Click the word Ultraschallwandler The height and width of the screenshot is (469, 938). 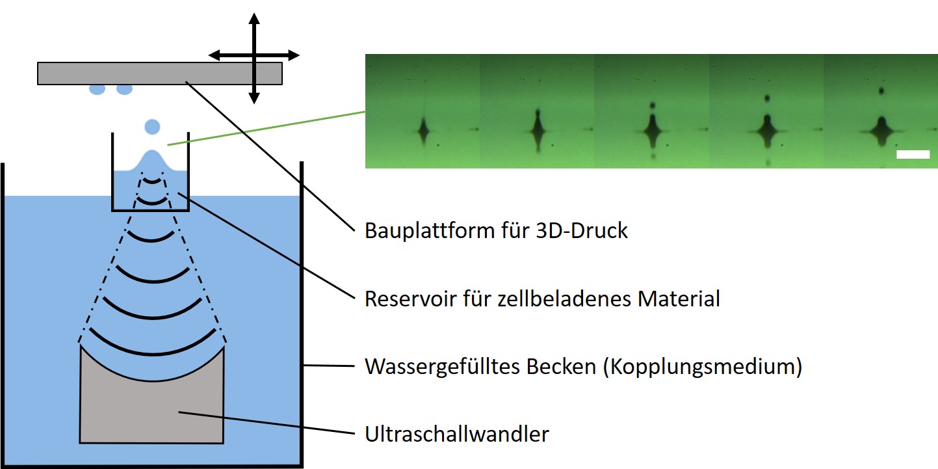pyautogui.click(x=456, y=433)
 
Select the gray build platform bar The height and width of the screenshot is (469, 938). pyautogui.click(x=159, y=73)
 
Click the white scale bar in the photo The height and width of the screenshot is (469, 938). pyautogui.click(x=913, y=154)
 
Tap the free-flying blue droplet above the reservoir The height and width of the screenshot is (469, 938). pyautogui.click(x=152, y=126)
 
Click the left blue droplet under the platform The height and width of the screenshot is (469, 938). pyautogui.click(x=96, y=89)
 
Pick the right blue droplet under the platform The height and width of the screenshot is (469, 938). pyautogui.click(x=124, y=89)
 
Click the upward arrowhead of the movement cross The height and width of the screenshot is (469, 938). pyautogui.click(x=254, y=18)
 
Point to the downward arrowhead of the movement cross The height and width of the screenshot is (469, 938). pyautogui.click(x=254, y=98)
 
